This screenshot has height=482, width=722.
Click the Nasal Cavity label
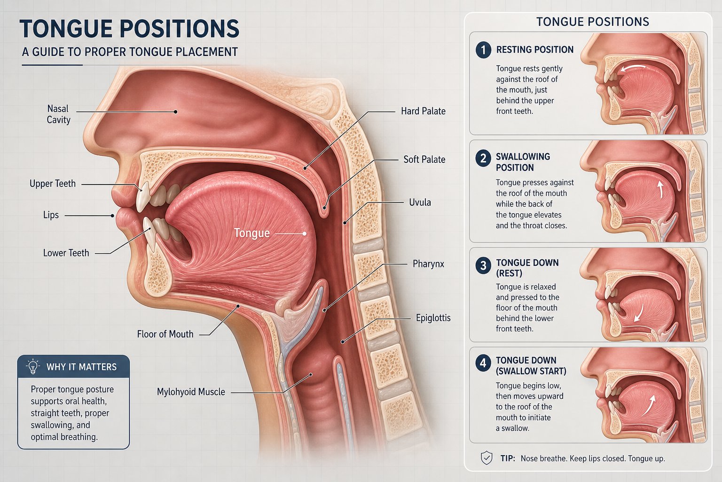(x=58, y=114)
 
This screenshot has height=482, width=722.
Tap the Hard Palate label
(x=423, y=111)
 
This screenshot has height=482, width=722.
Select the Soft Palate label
(x=424, y=159)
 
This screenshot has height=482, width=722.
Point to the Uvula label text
(x=420, y=202)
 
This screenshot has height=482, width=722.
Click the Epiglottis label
(x=433, y=318)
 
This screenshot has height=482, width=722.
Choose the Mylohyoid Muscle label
(x=191, y=392)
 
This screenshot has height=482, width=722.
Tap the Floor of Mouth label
(x=165, y=334)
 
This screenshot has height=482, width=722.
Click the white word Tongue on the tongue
(x=252, y=233)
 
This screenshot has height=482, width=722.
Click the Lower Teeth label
(x=66, y=253)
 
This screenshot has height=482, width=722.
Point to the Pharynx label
(x=428, y=264)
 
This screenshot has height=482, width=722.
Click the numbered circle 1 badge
(x=483, y=50)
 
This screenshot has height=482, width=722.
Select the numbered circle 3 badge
(x=483, y=265)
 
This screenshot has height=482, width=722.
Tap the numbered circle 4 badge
(x=483, y=363)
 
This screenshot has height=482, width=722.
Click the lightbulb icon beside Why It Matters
(x=33, y=366)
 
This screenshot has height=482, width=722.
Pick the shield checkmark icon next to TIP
(x=487, y=458)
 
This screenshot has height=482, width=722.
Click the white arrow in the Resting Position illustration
(x=633, y=66)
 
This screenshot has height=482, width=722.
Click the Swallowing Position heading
(x=523, y=162)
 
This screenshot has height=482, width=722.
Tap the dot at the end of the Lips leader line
(x=112, y=216)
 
